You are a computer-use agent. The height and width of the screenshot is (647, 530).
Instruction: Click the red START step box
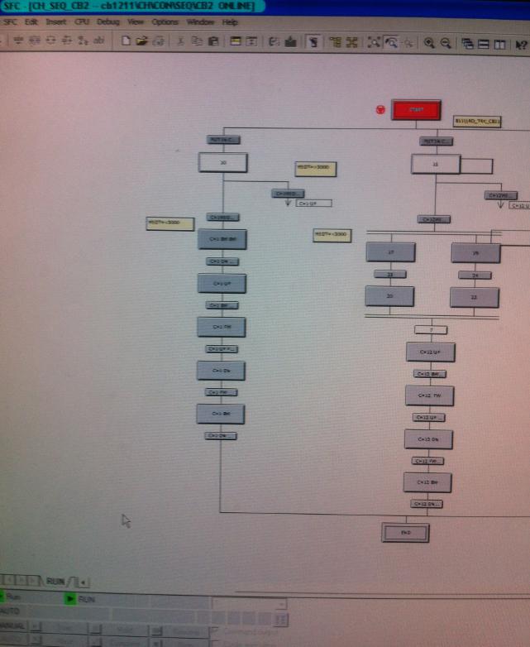[x=416, y=110]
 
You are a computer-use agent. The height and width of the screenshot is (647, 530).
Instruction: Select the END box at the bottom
[x=405, y=533]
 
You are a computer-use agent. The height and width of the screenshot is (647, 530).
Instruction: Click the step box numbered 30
[x=223, y=163]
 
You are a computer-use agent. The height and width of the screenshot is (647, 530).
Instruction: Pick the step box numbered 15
[x=435, y=165]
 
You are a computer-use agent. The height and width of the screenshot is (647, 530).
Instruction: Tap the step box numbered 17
[x=390, y=252]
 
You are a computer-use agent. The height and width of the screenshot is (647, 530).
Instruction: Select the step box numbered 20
[x=389, y=296]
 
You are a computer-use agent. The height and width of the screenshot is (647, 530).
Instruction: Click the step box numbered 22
[x=475, y=297]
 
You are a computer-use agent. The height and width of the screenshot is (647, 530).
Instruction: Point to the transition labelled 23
[x=389, y=275]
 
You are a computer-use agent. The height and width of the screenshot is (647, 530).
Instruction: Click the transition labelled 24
[x=475, y=275]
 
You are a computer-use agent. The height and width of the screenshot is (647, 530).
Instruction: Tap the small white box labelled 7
[x=431, y=330]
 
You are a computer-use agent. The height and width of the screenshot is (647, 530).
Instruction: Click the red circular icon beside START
[x=380, y=109]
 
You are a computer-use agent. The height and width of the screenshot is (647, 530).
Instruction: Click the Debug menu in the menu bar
[x=107, y=22]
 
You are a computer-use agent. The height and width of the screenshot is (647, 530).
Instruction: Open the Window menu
[x=199, y=22]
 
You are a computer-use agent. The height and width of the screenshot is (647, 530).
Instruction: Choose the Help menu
[x=230, y=22]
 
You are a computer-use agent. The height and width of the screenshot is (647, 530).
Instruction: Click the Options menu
[x=165, y=22]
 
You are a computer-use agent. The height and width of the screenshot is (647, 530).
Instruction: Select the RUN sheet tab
[x=56, y=582]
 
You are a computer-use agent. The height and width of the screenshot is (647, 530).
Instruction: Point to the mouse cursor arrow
[x=126, y=520]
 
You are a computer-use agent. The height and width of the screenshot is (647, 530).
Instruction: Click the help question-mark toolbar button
[x=521, y=43]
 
